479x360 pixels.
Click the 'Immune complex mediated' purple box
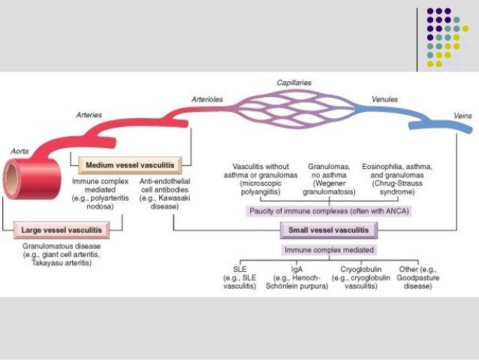point(330,250)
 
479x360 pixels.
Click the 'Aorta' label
point(20,150)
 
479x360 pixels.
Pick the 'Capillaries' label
point(294,82)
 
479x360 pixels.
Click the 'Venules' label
point(385,98)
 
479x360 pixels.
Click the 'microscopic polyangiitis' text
point(259,187)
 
